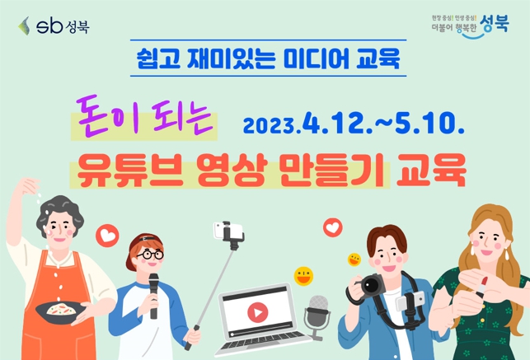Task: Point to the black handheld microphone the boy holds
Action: click(154, 292)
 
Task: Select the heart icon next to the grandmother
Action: click(107, 236)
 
